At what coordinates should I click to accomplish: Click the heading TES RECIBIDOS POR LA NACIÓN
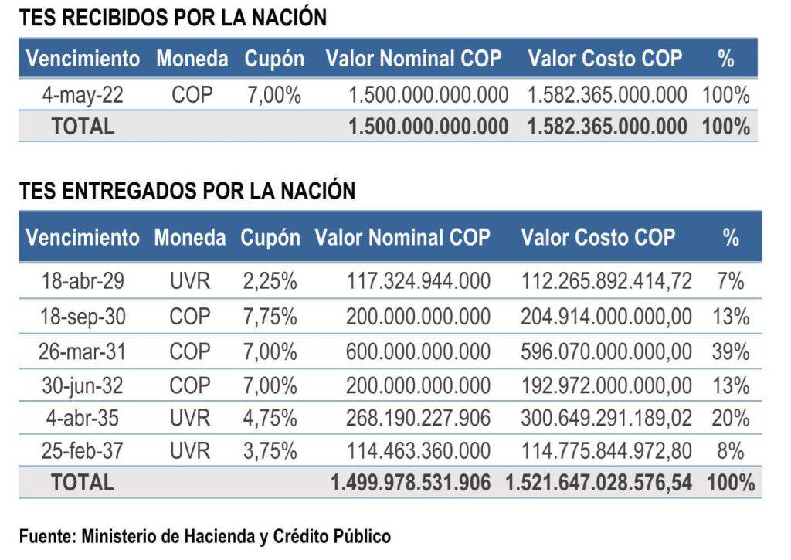173,19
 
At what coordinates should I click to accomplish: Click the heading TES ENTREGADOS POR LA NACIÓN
187,191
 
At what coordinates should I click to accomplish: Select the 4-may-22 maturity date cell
83,95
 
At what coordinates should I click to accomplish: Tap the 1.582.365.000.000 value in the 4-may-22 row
607,95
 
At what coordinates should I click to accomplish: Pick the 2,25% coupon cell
270,282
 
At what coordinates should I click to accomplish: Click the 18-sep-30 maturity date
82,316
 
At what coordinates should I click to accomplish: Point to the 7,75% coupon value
270,316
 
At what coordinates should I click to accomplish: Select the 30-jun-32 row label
82,385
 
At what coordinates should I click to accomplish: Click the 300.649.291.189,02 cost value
606,418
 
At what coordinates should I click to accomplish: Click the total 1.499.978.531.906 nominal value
410,484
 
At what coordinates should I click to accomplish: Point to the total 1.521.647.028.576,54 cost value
599,484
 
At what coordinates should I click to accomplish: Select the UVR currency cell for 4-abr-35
190,418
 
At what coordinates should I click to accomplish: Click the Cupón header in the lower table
270,237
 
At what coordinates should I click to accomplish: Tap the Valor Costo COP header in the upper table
605,58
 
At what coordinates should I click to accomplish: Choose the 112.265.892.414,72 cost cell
606,282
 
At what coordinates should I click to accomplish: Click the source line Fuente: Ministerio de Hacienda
205,535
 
